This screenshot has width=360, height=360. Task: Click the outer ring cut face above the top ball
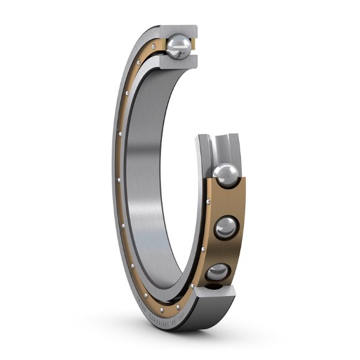180,30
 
